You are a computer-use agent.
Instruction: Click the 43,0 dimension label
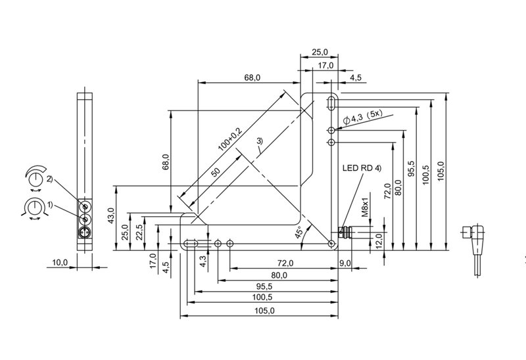112,215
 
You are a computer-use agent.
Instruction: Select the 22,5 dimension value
139,232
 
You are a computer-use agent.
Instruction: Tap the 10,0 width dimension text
60,263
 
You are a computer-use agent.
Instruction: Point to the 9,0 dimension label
345,263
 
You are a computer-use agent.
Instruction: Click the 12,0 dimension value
379,240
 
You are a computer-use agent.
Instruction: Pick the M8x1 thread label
366,207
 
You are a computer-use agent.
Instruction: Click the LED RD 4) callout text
362,168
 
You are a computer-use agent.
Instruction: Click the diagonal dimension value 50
216,172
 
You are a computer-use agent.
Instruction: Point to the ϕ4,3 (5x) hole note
364,117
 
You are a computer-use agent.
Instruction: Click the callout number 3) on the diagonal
260,141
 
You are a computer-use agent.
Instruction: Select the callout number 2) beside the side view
49,179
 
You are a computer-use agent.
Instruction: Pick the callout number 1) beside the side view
50,204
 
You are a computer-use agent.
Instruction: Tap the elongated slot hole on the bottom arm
191,243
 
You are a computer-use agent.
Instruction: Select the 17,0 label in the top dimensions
325,65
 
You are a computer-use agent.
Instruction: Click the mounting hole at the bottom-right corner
331,243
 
